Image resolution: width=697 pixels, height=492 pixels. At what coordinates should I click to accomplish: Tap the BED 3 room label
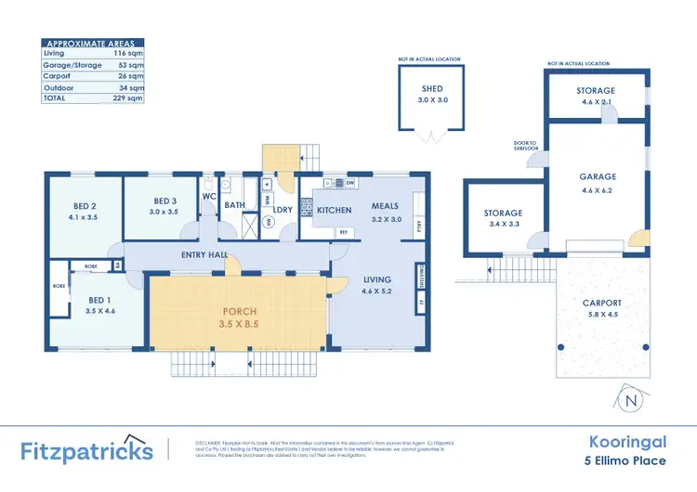pos(165,206)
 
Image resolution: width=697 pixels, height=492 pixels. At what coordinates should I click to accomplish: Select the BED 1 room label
pos(98,305)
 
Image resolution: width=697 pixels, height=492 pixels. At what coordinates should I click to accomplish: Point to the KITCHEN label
pos(334,211)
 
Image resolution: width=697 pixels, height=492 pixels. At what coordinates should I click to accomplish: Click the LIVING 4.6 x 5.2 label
pos(377,284)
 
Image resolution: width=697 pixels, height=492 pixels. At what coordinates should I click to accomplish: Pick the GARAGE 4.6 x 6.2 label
pos(598,182)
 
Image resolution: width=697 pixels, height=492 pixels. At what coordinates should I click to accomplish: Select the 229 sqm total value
pos(134,97)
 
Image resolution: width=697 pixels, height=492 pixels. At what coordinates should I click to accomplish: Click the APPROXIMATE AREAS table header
pos(94,43)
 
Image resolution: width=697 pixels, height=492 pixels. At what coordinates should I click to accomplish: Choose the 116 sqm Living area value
pos(134,53)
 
